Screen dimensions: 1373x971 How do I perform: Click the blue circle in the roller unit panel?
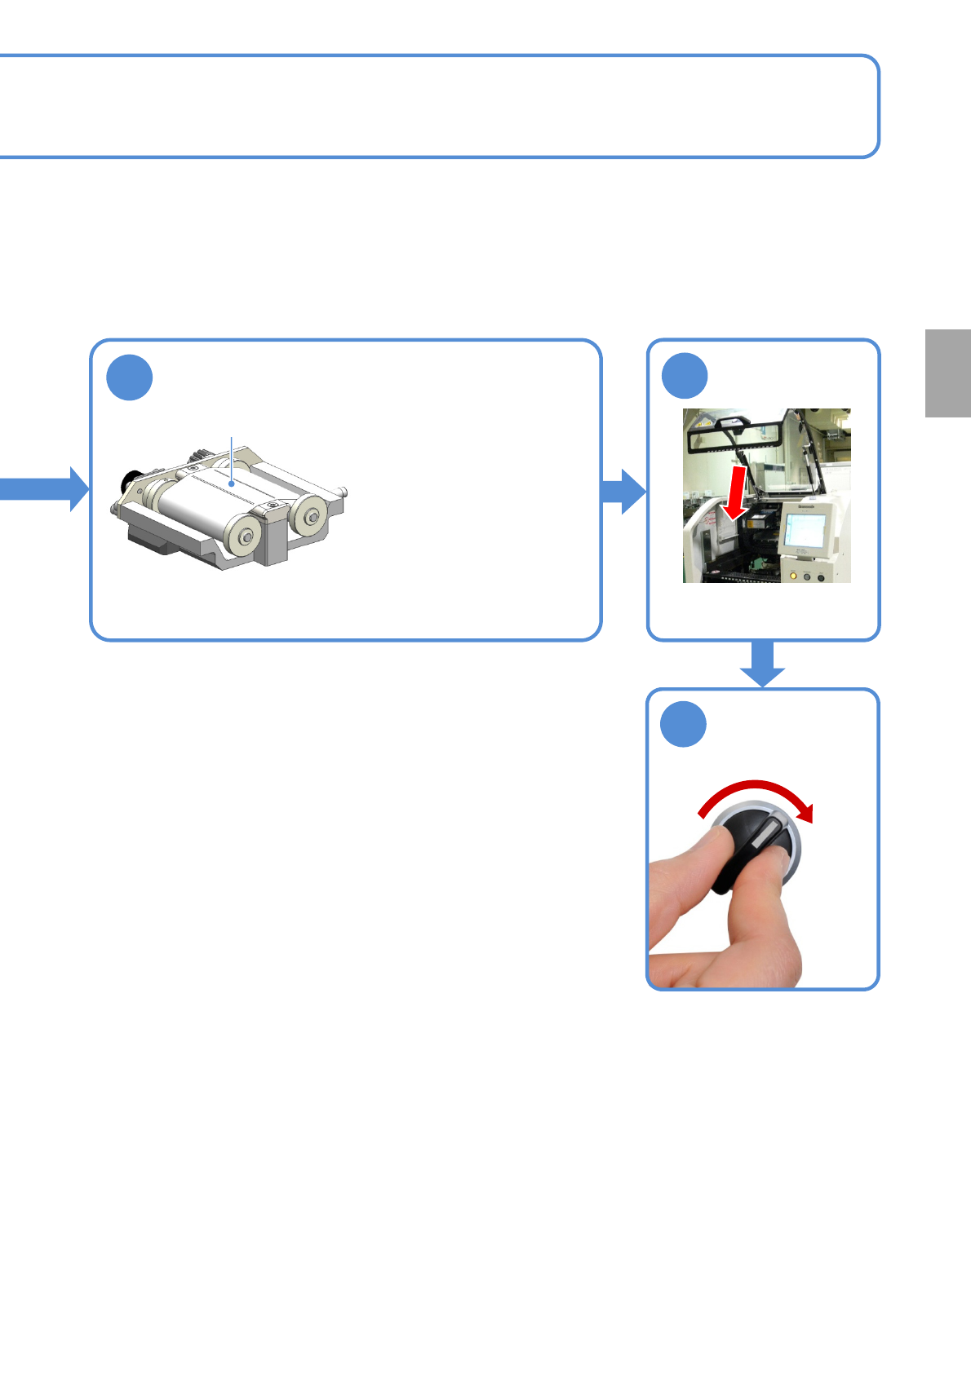[x=130, y=377]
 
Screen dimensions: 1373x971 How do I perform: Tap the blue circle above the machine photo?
[x=685, y=376]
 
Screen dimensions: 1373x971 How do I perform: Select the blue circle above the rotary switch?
[x=684, y=724]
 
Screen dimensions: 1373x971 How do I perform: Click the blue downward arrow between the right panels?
[x=763, y=664]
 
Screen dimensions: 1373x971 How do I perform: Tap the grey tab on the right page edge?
[x=948, y=373]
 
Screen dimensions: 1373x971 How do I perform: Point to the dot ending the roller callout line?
[x=233, y=483]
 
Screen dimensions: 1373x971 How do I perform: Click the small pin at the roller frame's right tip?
[x=345, y=491]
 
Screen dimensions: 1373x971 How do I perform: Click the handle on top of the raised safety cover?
[x=732, y=422]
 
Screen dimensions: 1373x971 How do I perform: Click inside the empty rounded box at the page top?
[x=441, y=106]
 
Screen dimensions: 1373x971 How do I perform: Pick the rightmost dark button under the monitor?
[x=820, y=577]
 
